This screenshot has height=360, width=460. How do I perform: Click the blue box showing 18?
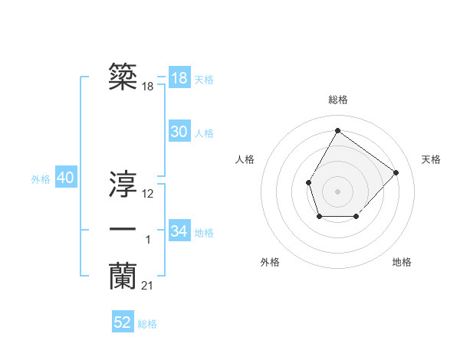[x=179, y=77]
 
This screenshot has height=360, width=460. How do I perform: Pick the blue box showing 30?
[x=179, y=132]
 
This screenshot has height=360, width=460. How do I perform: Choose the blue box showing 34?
[x=179, y=231]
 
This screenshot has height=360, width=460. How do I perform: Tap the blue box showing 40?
[x=65, y=178]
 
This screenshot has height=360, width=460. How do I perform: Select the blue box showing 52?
[x=123, y=322]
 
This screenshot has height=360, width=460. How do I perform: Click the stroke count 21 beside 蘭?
[x=147, y=286]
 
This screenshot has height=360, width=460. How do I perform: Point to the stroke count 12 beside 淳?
[x=148, y=194]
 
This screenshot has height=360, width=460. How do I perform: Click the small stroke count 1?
[x=148, y=241]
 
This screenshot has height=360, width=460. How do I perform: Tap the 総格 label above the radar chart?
[x=337, y=100]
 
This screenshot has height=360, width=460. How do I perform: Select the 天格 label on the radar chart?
[x=431, y=159]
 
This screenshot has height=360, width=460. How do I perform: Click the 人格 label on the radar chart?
[x=245, y=159]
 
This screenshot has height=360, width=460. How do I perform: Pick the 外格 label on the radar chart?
[x=270, y=262]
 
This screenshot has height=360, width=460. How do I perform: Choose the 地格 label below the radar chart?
[x=402, y=262]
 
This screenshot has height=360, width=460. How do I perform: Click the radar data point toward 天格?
[x=396, y=172]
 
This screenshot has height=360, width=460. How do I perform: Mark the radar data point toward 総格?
[x=337, y=130]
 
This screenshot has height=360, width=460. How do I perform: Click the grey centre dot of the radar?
[x=337, y=191]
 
